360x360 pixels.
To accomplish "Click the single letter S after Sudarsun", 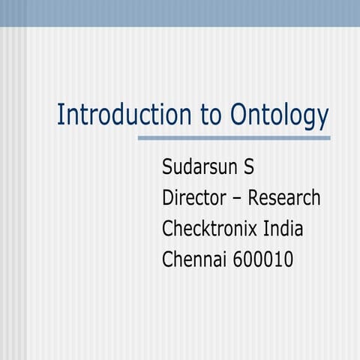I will (x=249, y=166).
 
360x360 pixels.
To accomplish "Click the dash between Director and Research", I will (x=237, y=199).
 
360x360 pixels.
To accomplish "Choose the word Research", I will (x=284, y=198).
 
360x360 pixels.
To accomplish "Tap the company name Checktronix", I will (x=211, y=229).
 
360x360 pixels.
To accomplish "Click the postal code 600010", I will (x=262, y=259).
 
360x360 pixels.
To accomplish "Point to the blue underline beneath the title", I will (x=234, y=138).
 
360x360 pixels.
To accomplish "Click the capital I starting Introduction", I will (x=60, y=115).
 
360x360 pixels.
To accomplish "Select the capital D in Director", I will (x=168, y=198).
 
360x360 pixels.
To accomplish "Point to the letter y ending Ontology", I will (x=323, y=118).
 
